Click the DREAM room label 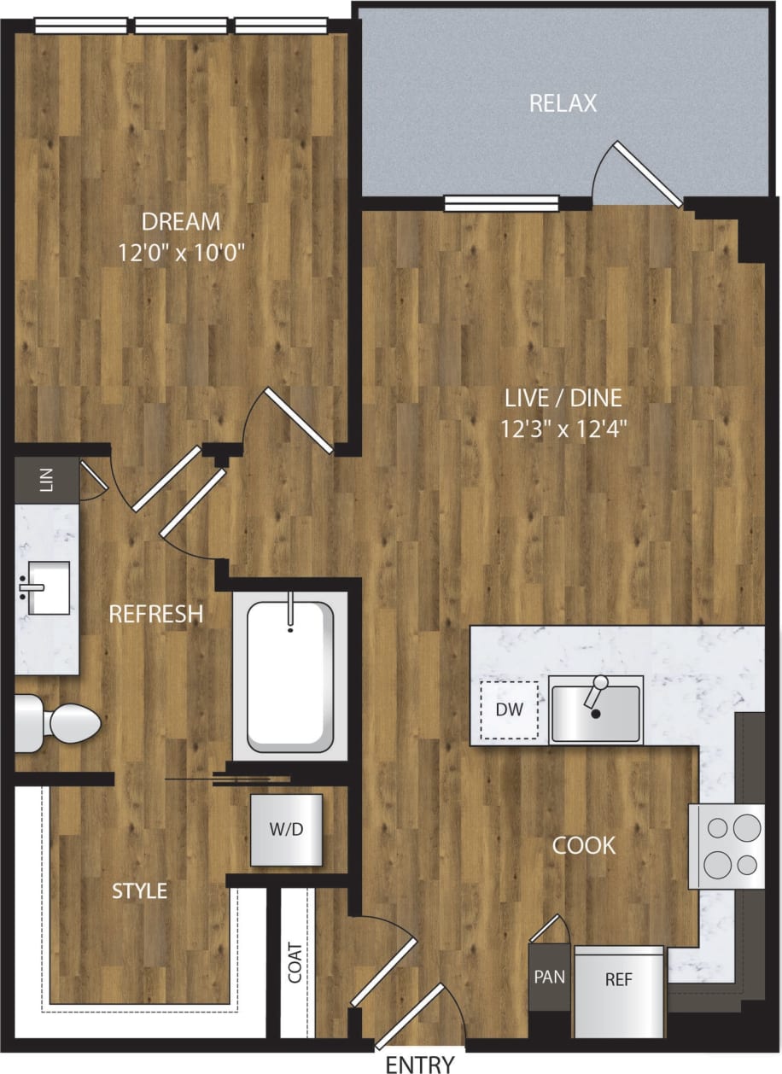click(181, 222)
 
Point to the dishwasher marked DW click(510, 709)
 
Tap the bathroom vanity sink click(44, 587)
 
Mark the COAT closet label click(295, 962)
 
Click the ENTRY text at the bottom click(420, 1064)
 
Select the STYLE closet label click(140, 891)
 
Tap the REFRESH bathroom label click(155, 613)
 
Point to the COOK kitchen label click(584, 845)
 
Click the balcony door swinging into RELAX click(647, 175)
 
